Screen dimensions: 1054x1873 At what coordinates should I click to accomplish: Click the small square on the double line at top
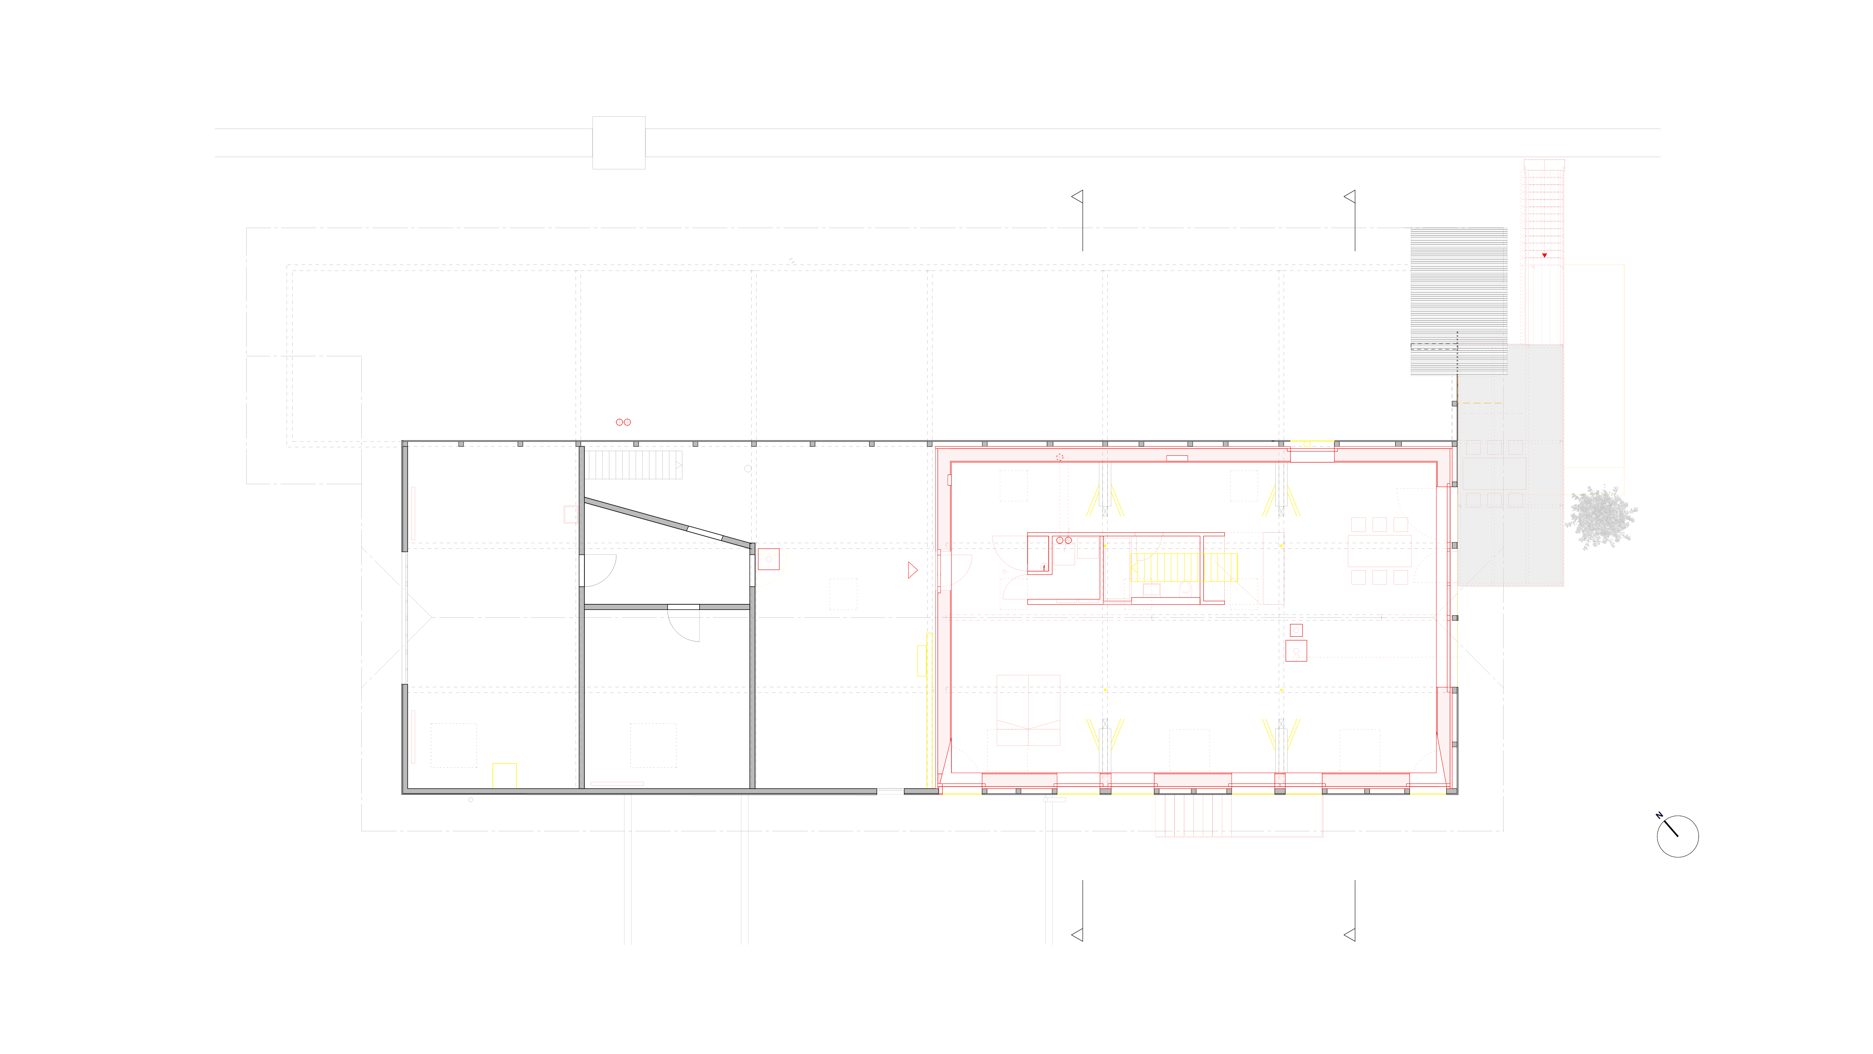point(619,143)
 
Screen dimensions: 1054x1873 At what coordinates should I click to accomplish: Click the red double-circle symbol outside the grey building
point(623,422)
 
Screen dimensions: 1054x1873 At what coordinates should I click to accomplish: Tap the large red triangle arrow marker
point(912,570)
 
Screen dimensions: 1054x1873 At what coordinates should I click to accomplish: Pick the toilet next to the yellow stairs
point(1185,588)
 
